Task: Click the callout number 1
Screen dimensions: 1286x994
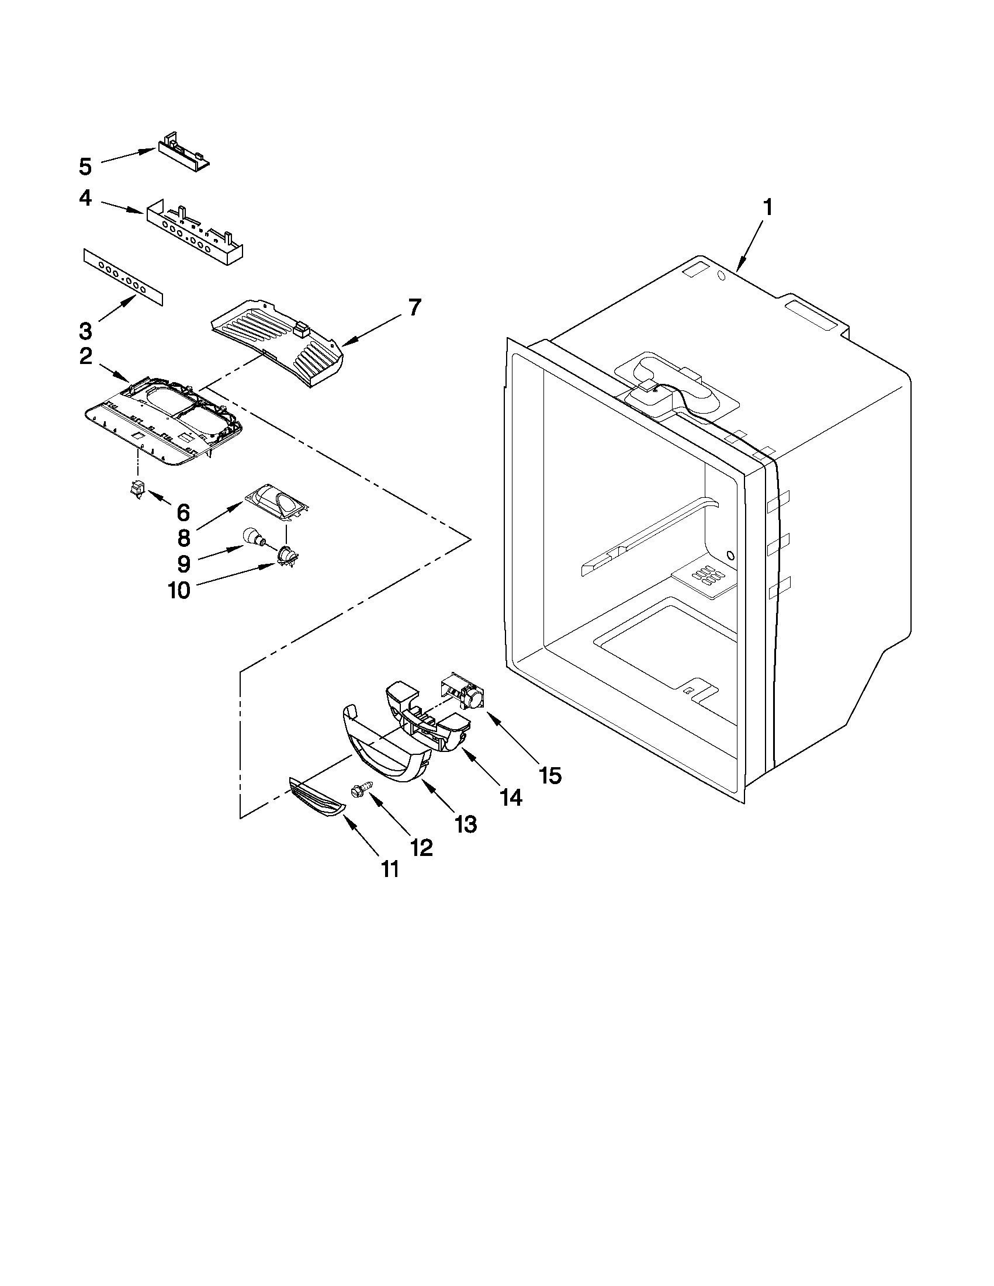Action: (767, 208)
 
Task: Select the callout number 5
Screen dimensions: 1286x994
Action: (85, 167)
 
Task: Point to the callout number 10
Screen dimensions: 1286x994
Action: (179, 590)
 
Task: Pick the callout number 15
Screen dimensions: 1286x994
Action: (549, 775)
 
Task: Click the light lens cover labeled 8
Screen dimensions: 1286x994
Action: (276, 504)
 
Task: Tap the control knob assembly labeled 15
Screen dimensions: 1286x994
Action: (466, 695)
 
